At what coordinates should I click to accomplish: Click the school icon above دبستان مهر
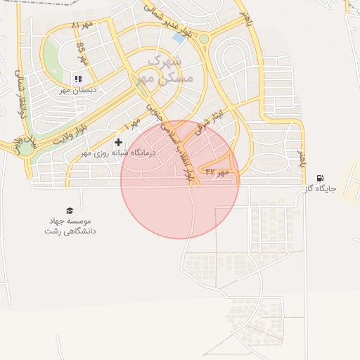click(79, 79)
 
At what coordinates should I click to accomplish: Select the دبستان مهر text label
click(79, 90)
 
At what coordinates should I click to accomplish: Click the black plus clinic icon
click(117, 143)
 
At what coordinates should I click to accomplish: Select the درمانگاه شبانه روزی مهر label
click(108, 153)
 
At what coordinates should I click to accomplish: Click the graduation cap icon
click(70, 210)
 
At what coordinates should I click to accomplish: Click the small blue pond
click(179, 38)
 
